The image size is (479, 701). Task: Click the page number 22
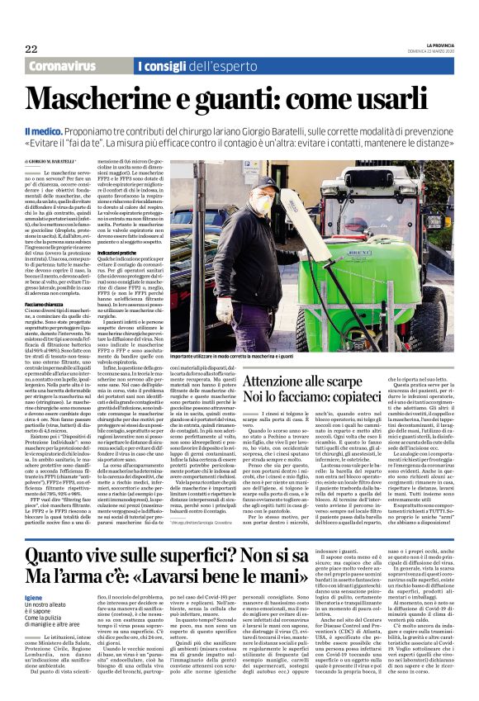tap(31, 50)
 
